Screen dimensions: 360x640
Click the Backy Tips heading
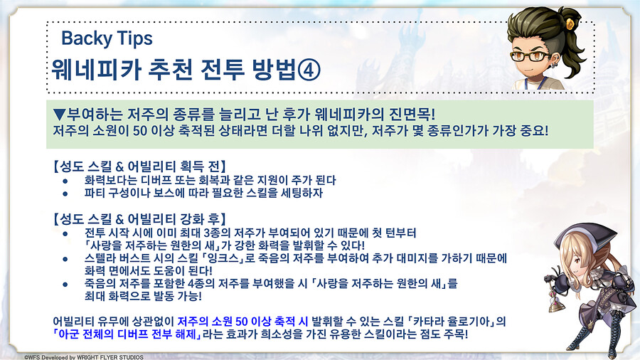coord(107,37)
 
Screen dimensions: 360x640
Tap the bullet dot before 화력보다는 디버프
coord(65,181)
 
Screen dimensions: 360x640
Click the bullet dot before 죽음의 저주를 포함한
coord(65,282)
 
